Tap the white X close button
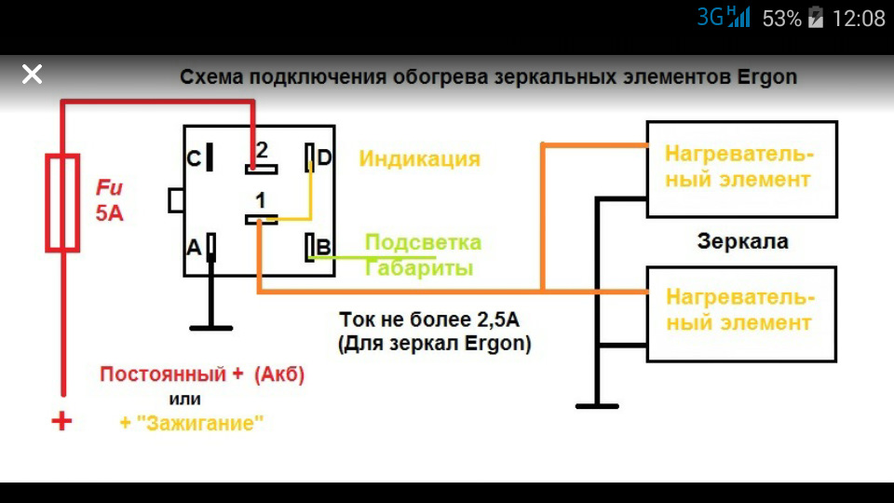32,74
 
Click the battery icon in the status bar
816,18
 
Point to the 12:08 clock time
859,18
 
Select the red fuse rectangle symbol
62,204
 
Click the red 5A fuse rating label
109,212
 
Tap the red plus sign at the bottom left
61,421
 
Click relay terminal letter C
194,158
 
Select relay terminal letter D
324,157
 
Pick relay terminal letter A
194,247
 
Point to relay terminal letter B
323,247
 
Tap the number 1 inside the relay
262,199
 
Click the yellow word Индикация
419,158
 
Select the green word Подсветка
423,243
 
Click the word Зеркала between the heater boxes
742,242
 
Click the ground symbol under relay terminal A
211,326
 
